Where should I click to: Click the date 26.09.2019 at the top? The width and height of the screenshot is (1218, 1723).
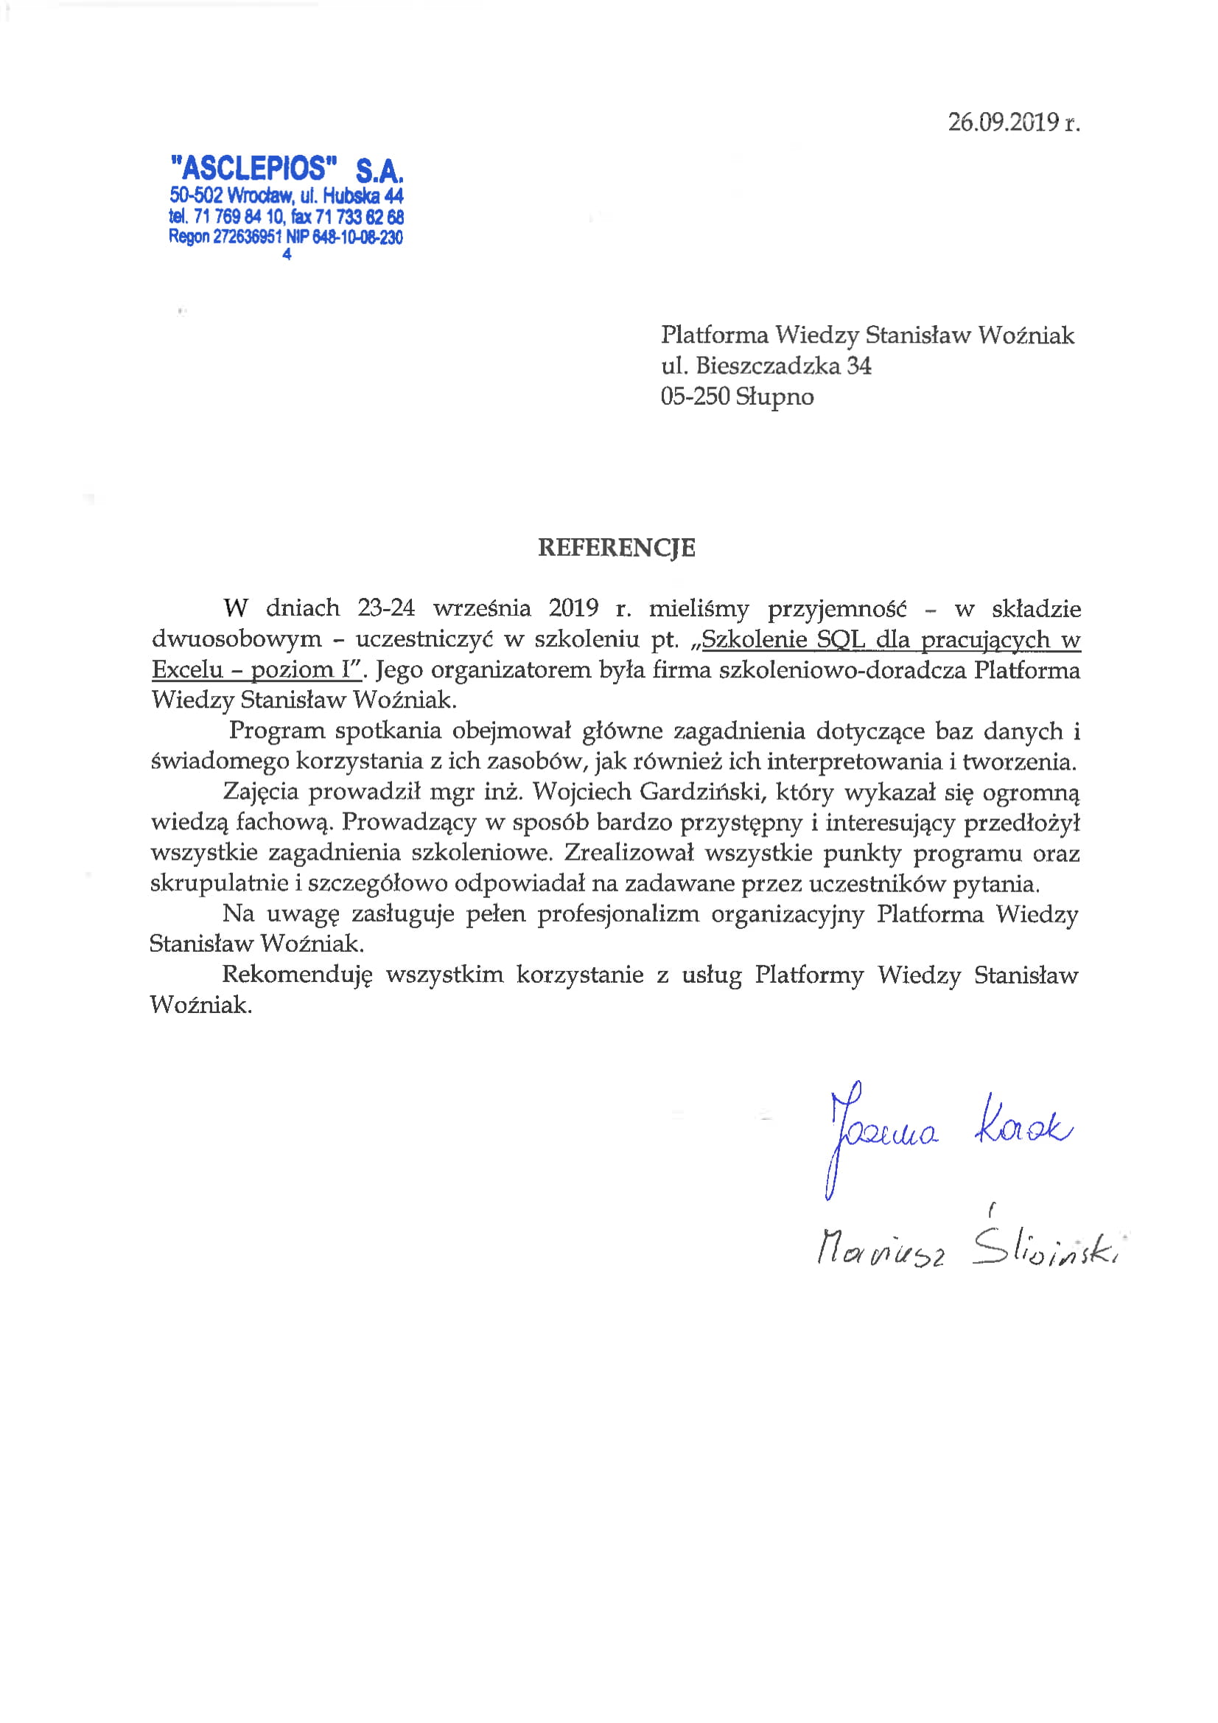click(x=1003, y=122)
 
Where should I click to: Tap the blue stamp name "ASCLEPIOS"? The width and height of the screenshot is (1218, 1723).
click(x=253, y=168)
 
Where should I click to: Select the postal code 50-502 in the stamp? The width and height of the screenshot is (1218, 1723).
click(x=196, y=196)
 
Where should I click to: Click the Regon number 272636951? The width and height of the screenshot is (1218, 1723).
click(x=248, y=237)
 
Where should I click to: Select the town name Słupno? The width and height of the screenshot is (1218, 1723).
click(x=774, y=397)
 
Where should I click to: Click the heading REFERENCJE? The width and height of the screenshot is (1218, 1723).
click(x=617, y=548)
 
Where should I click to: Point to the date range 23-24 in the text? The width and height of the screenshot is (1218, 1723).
click(x=385, y=608)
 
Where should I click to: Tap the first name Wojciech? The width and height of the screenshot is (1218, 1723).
click(x=581, y=792)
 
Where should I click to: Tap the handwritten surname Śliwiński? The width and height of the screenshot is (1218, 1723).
click(x=1046, y=1247)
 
